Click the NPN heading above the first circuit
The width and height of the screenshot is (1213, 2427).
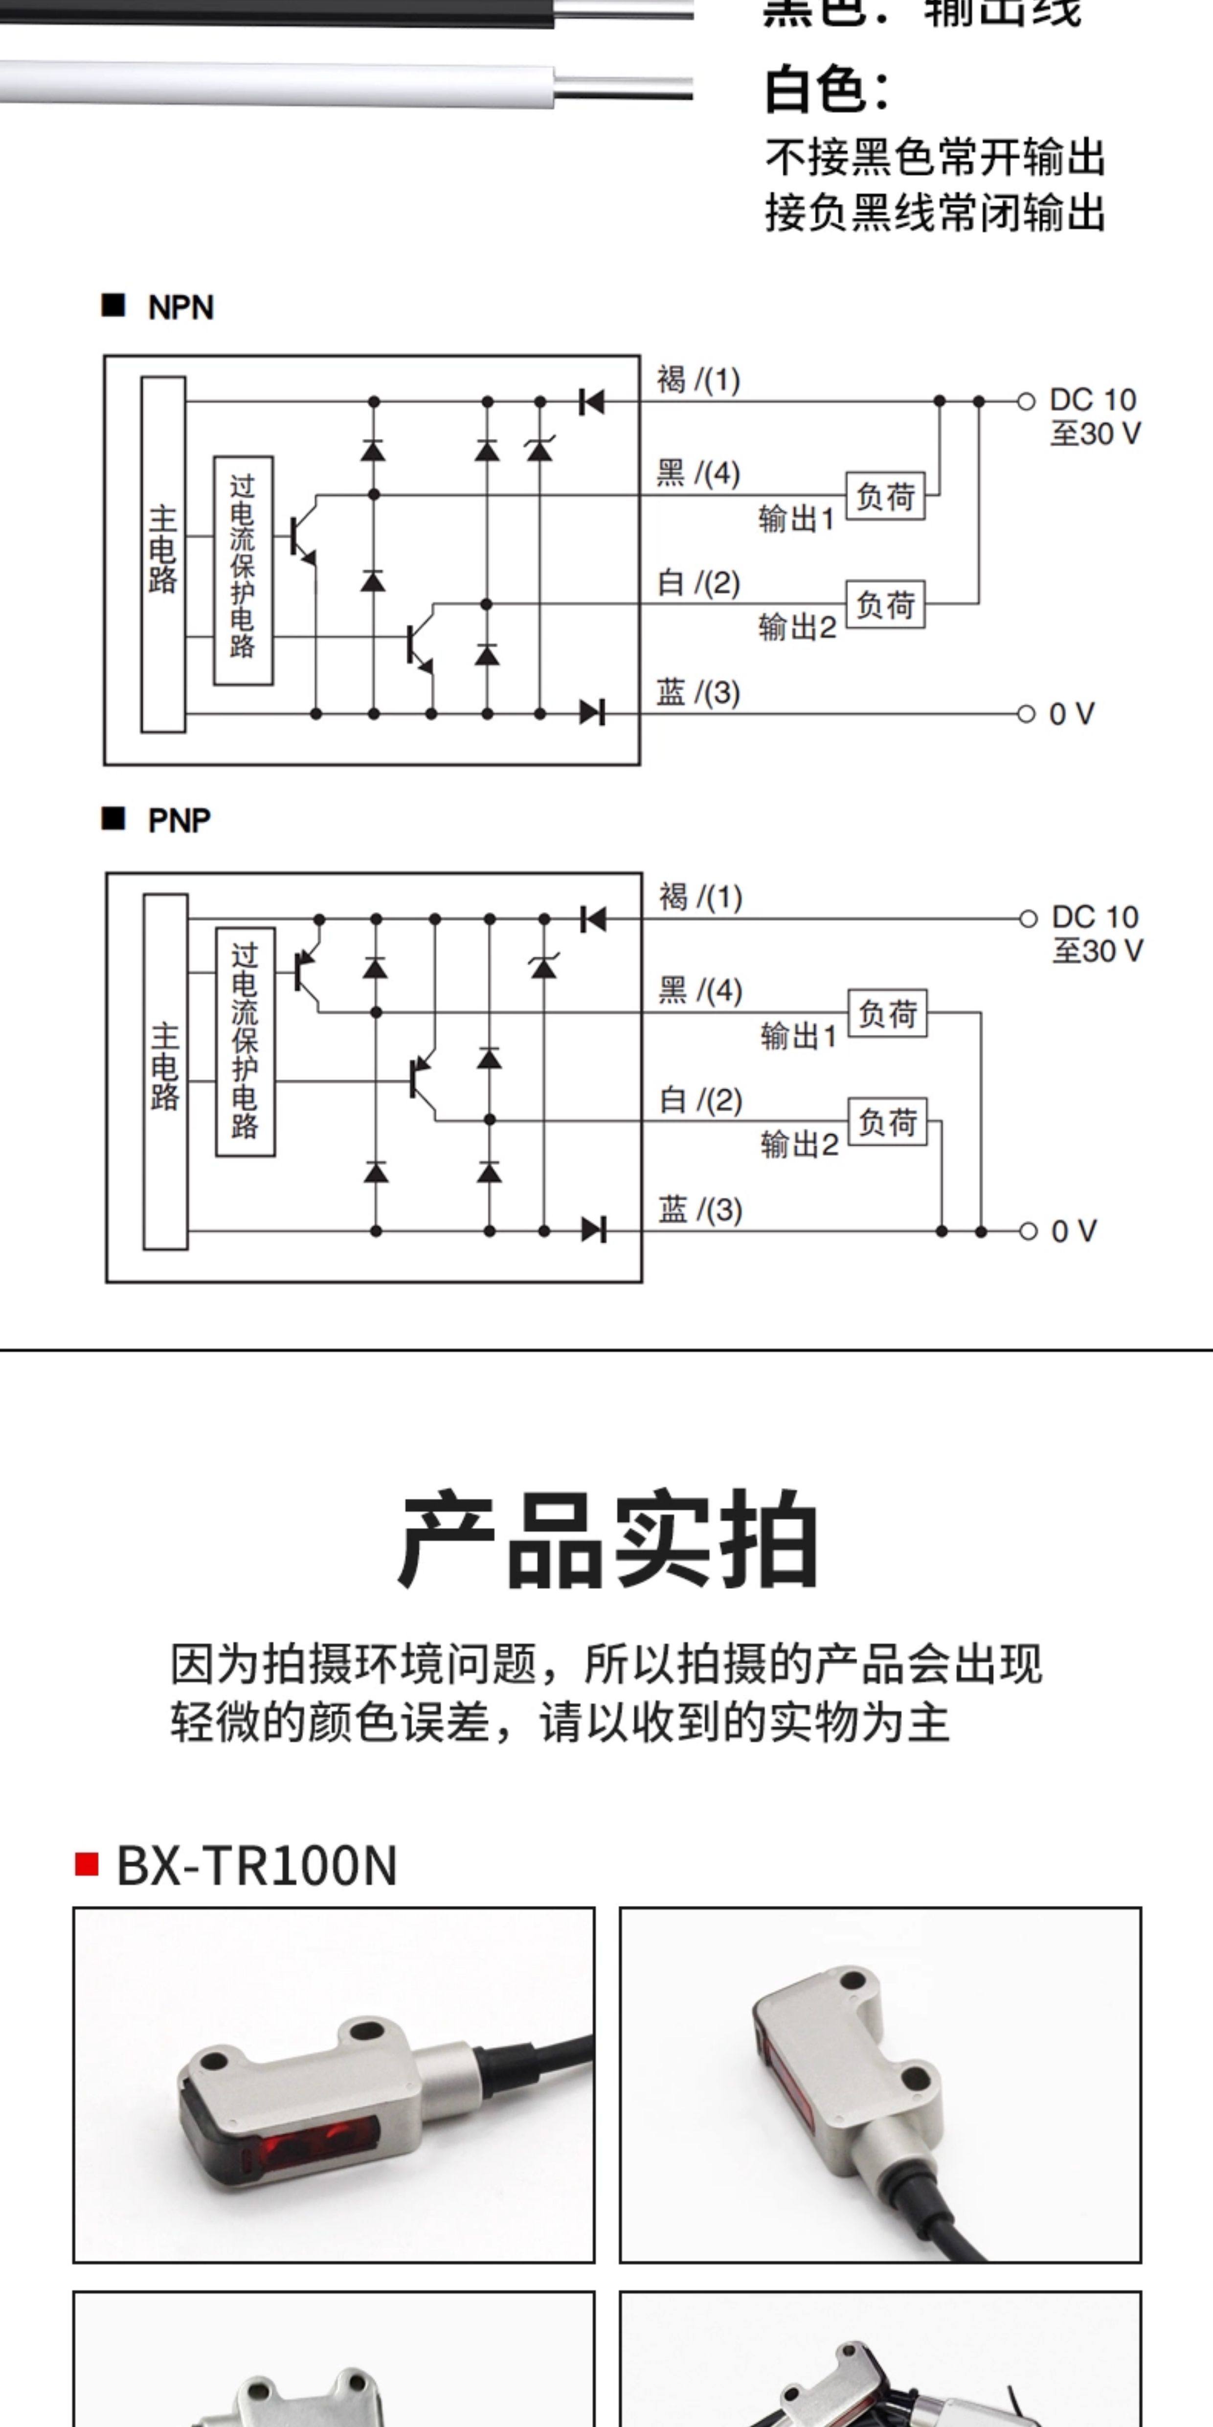coord(181,307)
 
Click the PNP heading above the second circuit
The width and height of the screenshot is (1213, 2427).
coord(179,821)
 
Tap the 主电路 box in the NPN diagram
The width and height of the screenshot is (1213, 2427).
coord(163,554)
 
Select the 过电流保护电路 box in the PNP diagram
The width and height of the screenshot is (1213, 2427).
coord(245,1041)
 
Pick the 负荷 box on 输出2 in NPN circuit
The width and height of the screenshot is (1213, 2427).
coord(885,604)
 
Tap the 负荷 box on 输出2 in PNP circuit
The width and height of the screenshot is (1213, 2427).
coord(887,1121)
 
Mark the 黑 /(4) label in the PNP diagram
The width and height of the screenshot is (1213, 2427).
coord(700,990)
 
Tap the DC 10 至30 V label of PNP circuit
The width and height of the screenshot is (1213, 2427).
coord(1095,933)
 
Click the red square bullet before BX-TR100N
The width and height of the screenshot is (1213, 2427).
coord(87,1864)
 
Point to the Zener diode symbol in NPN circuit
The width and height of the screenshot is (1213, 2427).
coord(539,449)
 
